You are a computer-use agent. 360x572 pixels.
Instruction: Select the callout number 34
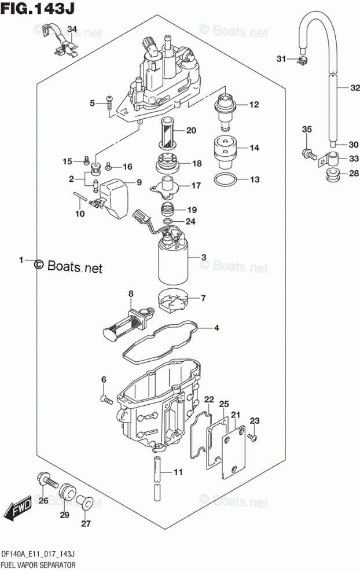click(x=71, y=29)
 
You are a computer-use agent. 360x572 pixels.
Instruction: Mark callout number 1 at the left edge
click(x=22, y=261)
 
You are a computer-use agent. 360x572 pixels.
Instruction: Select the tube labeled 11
click(x=157, y=472)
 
